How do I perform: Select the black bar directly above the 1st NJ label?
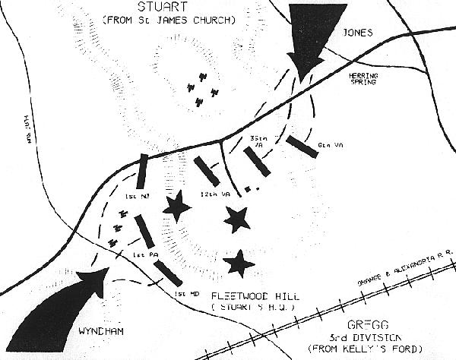pos(141,172)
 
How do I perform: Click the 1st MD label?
pos(181,293)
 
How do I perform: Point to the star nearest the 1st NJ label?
pos(179,206)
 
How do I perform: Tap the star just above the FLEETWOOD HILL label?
pos(240,263)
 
